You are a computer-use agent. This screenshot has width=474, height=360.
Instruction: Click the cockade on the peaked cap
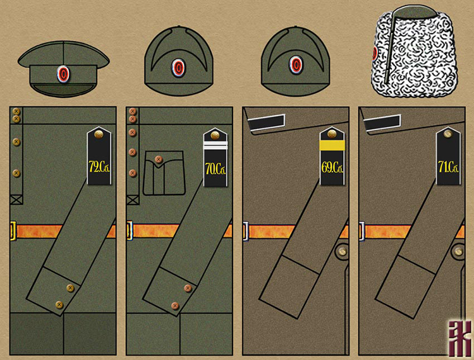coord(63,74)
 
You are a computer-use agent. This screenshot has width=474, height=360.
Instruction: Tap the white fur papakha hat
coord(414,53)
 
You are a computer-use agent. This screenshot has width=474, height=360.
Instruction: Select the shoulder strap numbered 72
coord(99,156)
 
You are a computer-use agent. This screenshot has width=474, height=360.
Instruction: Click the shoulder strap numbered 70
coord(216,157)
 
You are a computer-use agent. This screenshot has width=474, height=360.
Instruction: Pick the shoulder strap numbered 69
coord(332,156)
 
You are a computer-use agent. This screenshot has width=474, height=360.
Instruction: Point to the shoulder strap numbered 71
coord(448,156)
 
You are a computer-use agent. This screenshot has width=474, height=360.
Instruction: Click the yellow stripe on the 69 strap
coord(332,145)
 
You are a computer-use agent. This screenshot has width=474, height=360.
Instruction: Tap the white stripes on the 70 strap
coord(216,145)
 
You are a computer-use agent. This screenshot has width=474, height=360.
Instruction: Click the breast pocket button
coord(159,159)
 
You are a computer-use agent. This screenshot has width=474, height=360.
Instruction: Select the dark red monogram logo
coord(459,339)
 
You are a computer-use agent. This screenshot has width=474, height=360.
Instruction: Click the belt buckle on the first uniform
coord(13,231)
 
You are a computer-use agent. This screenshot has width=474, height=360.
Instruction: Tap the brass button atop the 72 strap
coord(99,134)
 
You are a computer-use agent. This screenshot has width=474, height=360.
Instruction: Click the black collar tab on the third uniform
coord(266,122)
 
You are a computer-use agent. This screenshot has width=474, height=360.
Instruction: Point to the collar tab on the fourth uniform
coord(382,123)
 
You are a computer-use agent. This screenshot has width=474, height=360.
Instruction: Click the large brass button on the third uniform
coord(342,251)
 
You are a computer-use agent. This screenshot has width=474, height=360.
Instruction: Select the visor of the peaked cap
coord(63,90)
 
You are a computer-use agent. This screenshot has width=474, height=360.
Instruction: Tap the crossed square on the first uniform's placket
coord(16,200)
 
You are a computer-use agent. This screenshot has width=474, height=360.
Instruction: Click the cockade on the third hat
coord(295,66)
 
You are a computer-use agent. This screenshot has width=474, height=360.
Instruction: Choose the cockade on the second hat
coord(178,67)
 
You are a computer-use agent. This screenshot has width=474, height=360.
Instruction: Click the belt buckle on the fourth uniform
coord(362,231)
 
